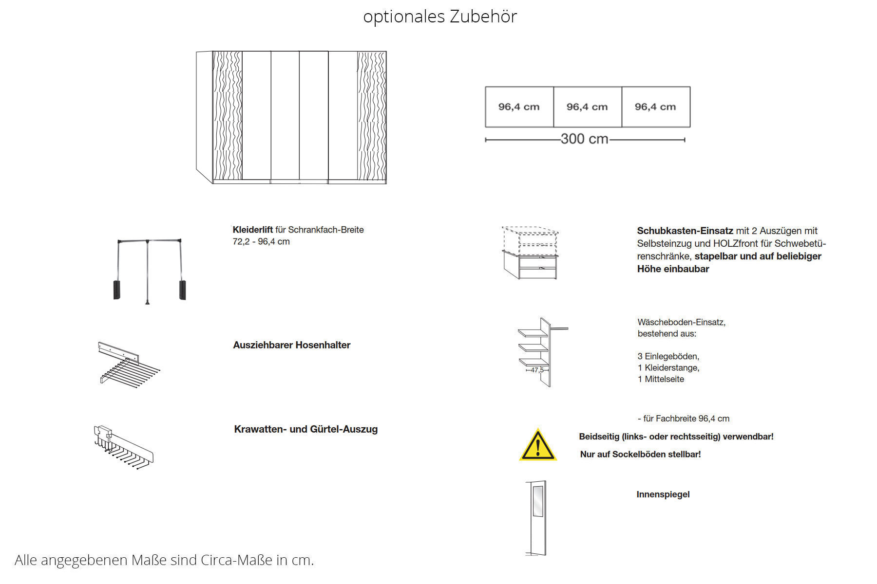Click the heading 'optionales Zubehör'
pos(439,17)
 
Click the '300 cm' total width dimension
pos(584,139)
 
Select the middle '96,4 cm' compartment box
pos(587,107)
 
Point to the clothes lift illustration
pos(149,270)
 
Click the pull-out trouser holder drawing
pos(127,365)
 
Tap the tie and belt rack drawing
pos(122,447)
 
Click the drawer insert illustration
pos(530,253)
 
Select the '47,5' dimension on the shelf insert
pos(537,370)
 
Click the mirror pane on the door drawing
pos(538,501)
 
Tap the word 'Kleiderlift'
pos(253,230)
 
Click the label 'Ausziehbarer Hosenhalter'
pos(291,345)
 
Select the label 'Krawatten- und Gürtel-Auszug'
pos(305,429)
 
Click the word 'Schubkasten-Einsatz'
pos(685,231)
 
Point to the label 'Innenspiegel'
pos(663,494)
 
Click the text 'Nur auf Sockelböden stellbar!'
pos(640,454)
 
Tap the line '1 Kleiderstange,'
pos(668,368)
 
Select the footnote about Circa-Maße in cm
pos(164,560)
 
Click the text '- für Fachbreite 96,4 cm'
pos(683,419)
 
